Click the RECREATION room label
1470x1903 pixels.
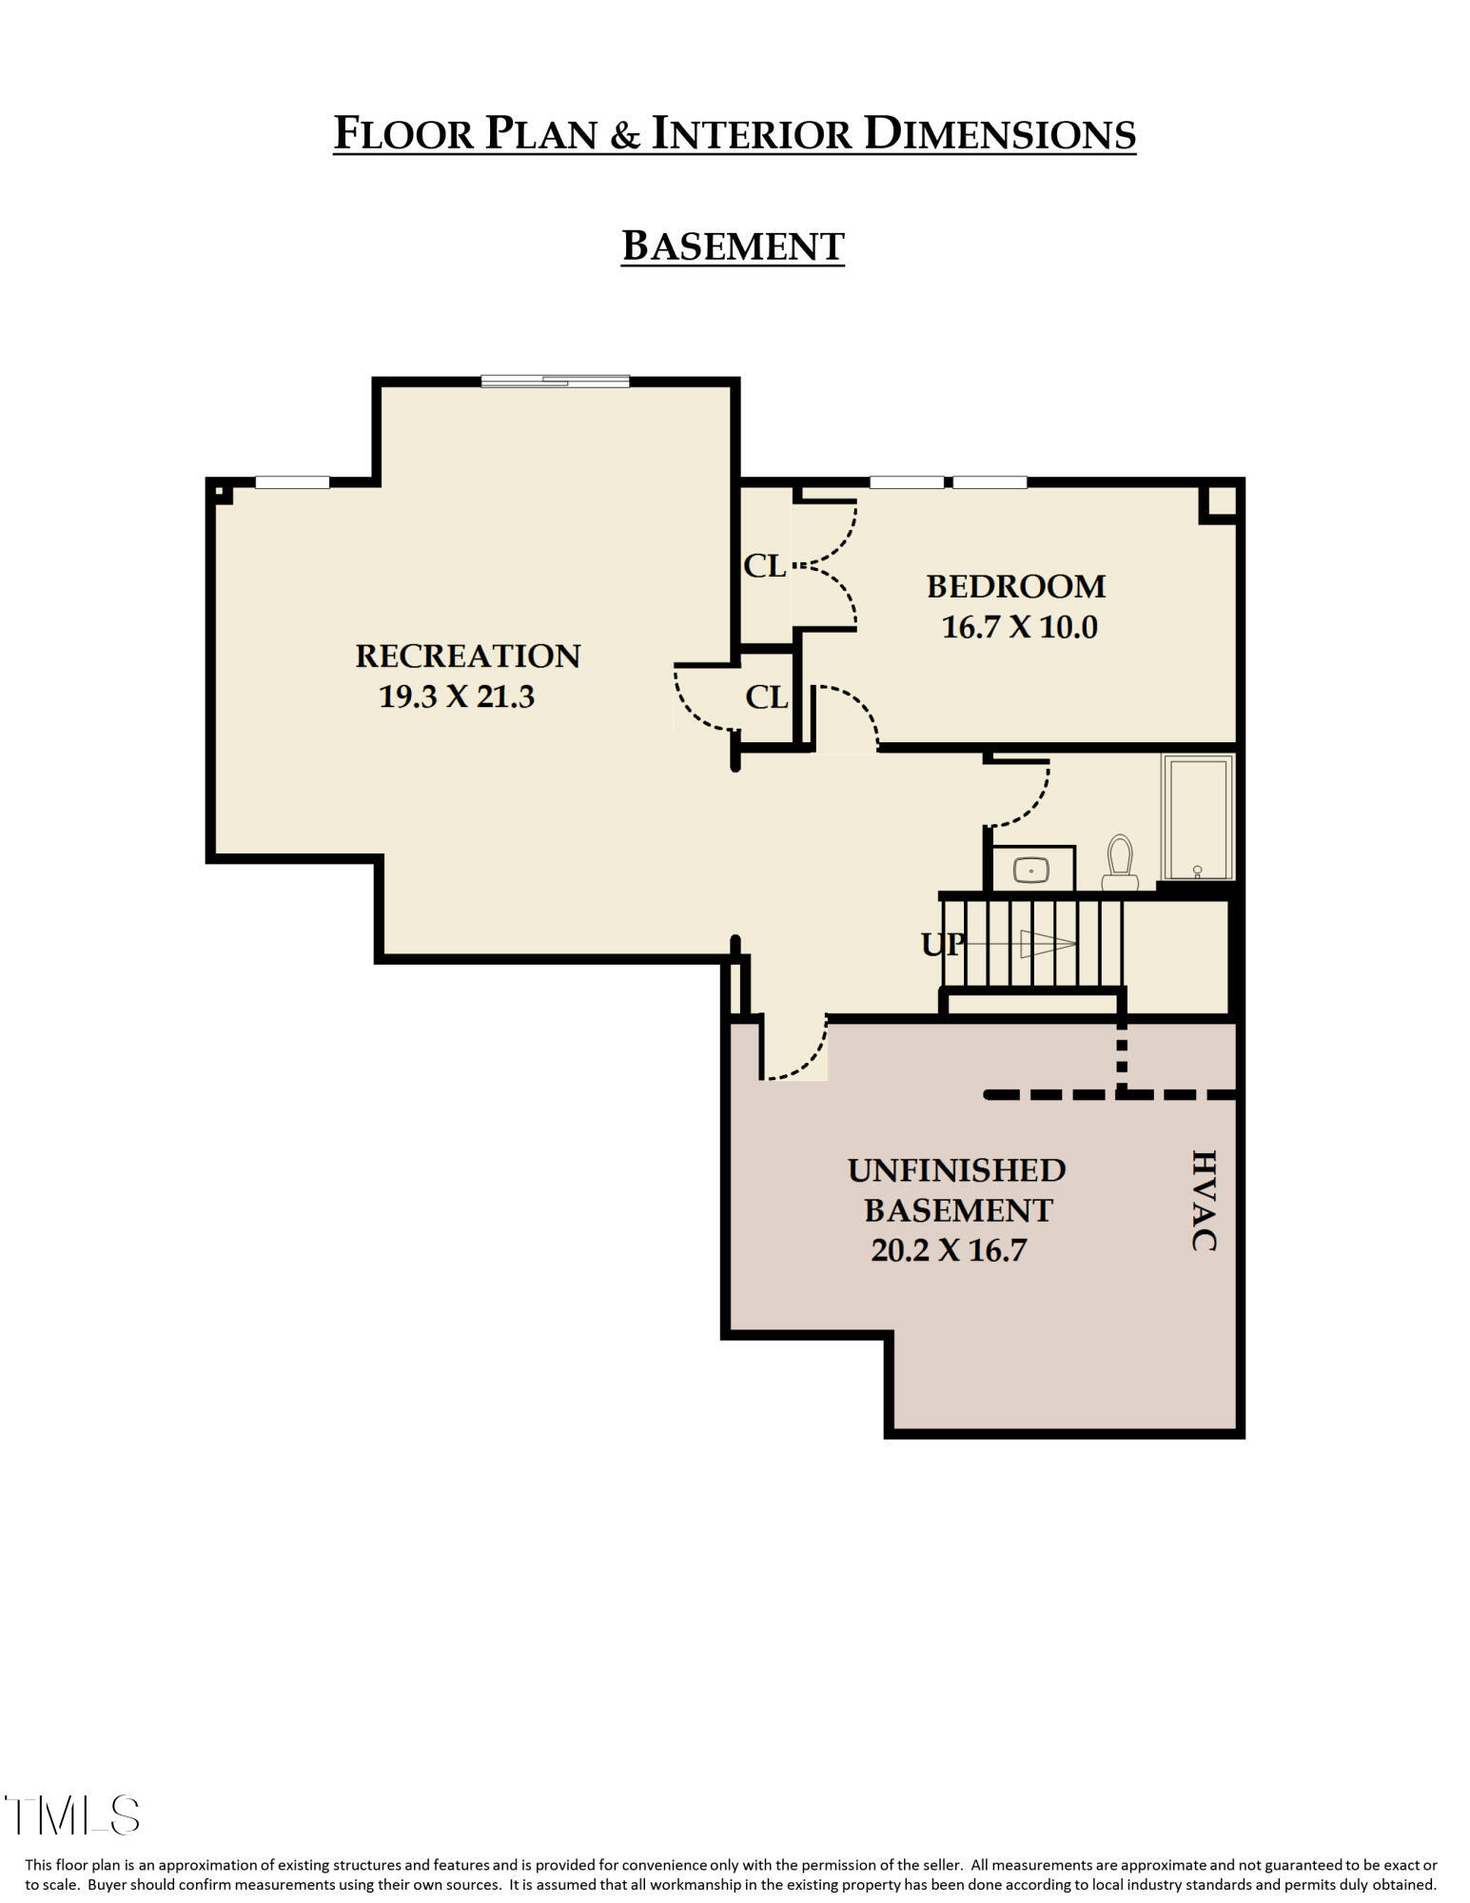tap(467, 657)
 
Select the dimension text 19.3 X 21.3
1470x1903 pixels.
tap(457, 696)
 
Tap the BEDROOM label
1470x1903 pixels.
tap(1016, 586)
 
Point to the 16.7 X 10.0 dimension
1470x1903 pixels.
tap(1019, 627)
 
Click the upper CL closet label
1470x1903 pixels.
tap(764, 566)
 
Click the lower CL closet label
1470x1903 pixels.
tap(767, 697)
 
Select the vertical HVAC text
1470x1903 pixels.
tap(1204, 1201)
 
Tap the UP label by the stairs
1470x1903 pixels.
tap(942, 944)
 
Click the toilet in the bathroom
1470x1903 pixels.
tap(1120, 862)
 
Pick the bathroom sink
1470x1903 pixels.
tap(1031, 869)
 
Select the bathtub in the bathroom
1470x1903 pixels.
tap(1197, 817)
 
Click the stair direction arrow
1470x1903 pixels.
tap(1047, 944)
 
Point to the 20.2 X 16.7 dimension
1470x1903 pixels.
tap(949, 1250)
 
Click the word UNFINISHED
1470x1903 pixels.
tap(956, 1170)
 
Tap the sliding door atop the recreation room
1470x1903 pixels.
tap(555, 382)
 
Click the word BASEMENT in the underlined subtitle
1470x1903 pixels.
tap(733, 246)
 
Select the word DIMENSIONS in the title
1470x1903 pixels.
tap(999, 133)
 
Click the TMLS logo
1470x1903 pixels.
tap(72, 1815)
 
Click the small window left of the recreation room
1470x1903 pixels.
tap(292, 482)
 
